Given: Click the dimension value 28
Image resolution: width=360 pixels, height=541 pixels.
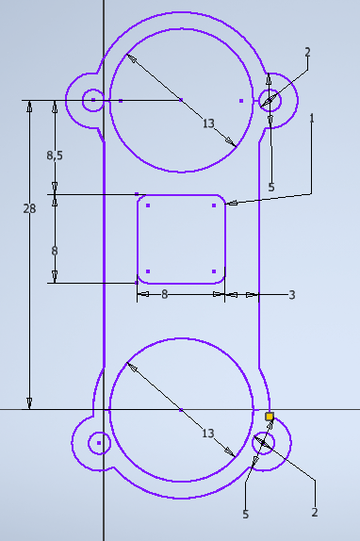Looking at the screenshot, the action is point(29,208).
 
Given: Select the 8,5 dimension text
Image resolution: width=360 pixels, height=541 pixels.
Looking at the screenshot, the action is point(55,156).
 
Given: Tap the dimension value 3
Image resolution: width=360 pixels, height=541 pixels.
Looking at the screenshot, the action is point(292,295).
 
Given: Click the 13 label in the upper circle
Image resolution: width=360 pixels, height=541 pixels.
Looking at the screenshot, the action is point(208,123).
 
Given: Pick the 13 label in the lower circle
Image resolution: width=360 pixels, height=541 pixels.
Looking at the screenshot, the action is point(208,433).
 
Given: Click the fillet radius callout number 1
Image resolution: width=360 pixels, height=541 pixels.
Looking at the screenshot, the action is point(312,119).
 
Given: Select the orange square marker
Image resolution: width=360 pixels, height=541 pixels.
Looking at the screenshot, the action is point(270,417).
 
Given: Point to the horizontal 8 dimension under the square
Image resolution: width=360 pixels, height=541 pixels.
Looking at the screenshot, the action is point(165,294).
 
